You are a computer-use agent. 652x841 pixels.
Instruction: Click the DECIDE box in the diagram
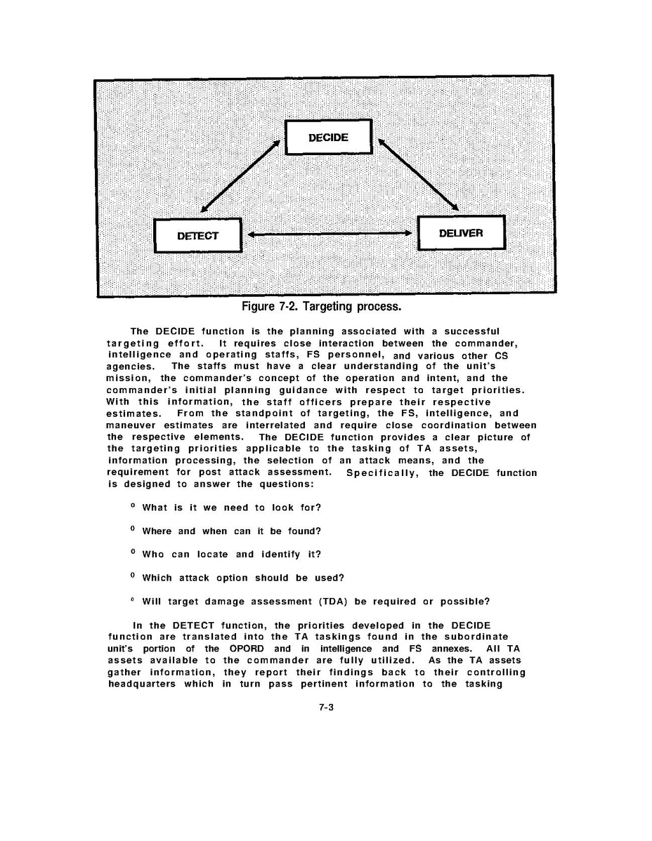point(328,138)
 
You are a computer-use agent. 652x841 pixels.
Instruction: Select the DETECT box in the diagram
point(197,236)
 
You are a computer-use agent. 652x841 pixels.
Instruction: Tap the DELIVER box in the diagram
point(461,233)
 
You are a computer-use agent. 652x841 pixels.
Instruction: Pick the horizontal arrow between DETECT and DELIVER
point(330,234)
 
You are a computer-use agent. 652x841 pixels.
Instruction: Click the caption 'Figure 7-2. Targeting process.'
point(321,307)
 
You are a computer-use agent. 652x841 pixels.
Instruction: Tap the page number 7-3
point(325,708)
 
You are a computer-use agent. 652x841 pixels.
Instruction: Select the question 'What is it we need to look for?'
point(231,508)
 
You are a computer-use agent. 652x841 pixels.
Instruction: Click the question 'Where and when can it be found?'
point(231,531)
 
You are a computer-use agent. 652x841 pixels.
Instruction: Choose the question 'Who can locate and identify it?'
point(231,555)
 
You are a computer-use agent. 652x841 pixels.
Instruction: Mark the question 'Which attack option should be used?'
point(242,578)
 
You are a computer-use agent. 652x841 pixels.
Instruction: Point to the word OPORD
point(252,649)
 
